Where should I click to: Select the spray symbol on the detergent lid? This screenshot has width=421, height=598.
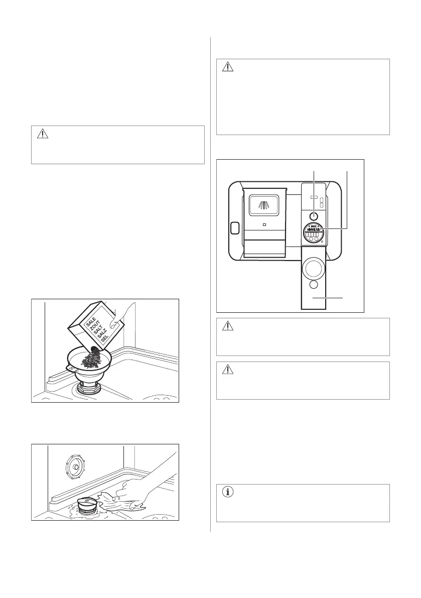(x=263, y=205)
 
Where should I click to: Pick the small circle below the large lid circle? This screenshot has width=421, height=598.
(x=314, y=285)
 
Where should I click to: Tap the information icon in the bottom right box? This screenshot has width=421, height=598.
(x=228, y=493)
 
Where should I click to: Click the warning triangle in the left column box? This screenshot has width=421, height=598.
(x=43, y=134)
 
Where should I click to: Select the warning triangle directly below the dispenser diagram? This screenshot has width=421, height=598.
(x=228, y=326)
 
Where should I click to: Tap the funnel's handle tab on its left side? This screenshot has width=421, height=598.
(x=71, y=368)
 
